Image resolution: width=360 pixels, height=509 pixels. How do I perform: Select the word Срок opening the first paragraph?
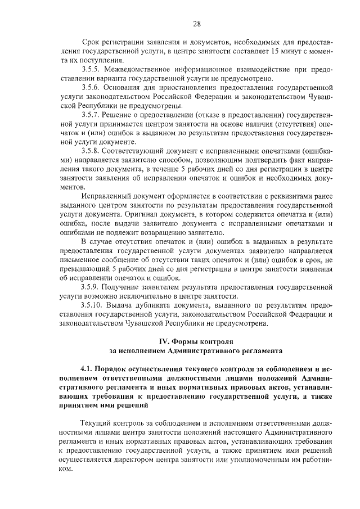click(91, 42)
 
